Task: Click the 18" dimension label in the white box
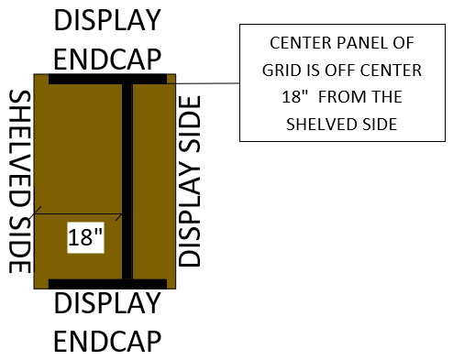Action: [x=85, y=237]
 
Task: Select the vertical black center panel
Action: [x=127, y=181]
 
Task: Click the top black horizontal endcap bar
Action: [x=107, y=79]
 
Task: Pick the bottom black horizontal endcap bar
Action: [x=107, y=284]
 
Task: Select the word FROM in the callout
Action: [x=339, y=97]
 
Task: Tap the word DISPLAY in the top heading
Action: [x=107, y=20]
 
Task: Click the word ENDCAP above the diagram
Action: [x=107, y=59]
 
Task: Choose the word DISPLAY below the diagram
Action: [x=107, y=303]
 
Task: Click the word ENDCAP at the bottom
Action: [x=107, y=341]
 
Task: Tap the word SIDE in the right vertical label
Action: [x=190, y=124]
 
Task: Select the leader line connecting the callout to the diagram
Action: [x=204, y=83]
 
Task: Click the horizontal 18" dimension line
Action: [x=78, y=213]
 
